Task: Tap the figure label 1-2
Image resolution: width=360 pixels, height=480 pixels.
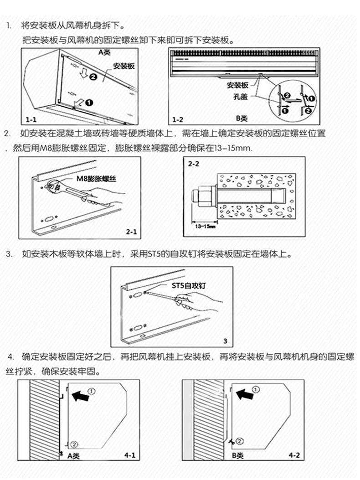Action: [178, 119]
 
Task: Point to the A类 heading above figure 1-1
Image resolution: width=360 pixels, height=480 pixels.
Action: [105, 52]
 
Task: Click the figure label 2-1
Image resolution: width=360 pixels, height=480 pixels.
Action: [131, 232]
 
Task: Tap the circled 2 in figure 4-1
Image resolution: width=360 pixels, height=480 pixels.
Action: [75, 443]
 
